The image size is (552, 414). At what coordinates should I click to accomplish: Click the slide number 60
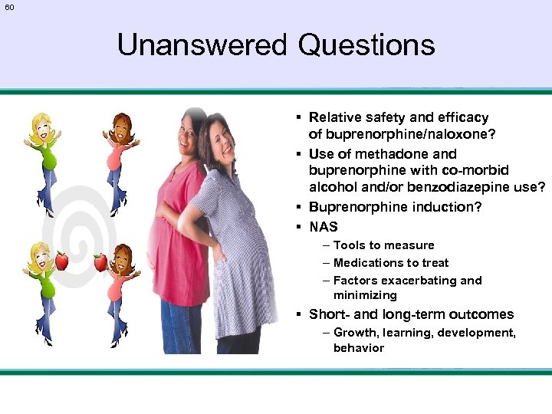[x=9, y=7]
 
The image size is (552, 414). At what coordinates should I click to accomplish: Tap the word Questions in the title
[x=366, y=45]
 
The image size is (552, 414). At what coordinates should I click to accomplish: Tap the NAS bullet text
[x=323, y=227]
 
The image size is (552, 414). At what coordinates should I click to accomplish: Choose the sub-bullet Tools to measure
[x=383, y=245]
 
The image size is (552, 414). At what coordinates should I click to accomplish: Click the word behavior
[x=358, y=348]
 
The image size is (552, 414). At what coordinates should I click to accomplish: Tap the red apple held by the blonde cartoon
[x=62, y=261]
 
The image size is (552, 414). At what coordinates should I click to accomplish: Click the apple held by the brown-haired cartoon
[x=100, y=263]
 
